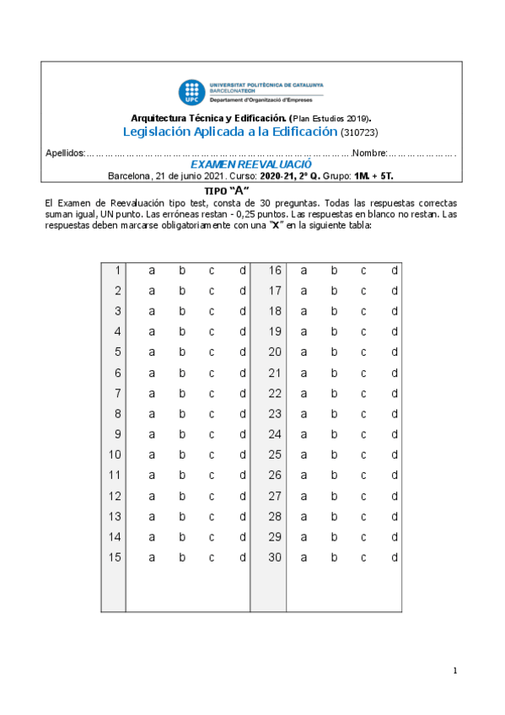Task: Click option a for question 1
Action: point(153,270)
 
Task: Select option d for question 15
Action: point(242,557)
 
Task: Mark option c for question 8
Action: point(212,414)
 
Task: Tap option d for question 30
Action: point(394,557)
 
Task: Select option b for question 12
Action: point(182,496)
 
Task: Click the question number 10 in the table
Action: point(116,455)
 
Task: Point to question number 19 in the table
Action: point(275,331)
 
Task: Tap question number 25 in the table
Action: point(275,455)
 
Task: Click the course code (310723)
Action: point(360,132)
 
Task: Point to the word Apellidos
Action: point(64,153)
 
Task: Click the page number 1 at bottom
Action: point(454,671)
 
